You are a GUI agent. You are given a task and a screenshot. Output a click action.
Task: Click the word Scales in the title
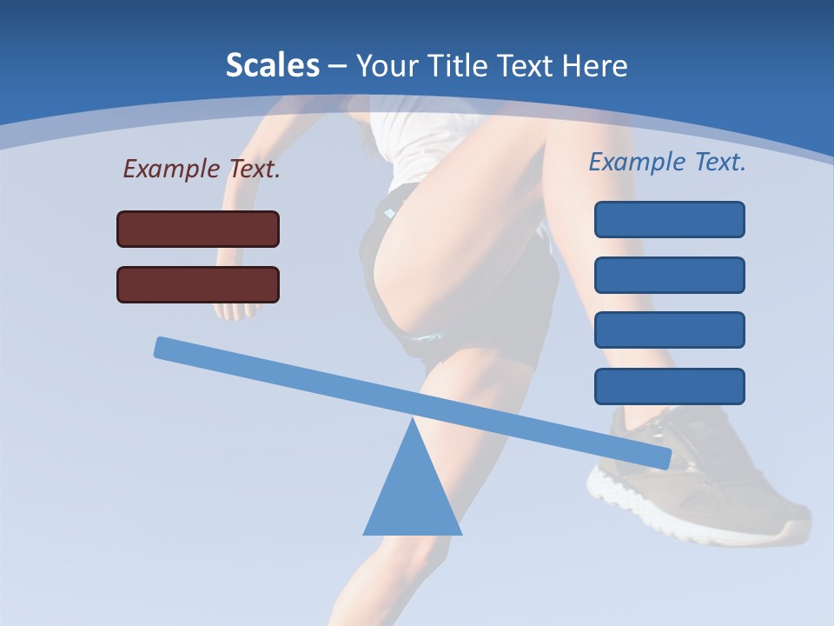coord(272,65)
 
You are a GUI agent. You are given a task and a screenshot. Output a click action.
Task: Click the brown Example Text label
coord(202,169)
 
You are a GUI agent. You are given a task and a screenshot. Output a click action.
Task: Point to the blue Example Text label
coord(667,162)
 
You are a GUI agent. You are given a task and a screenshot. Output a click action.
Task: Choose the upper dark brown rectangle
coord(198,229)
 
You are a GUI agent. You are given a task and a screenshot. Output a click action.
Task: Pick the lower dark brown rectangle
coord(198,284)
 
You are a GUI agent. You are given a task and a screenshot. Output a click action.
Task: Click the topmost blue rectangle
coord(669,219)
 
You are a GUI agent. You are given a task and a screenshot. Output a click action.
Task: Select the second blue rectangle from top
coord(669,275)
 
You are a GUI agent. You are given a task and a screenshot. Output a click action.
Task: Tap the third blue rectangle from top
coord(669,330)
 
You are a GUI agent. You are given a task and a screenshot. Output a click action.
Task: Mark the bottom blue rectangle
coord(669,386)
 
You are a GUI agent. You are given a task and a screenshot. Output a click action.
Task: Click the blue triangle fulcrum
coord(413,496)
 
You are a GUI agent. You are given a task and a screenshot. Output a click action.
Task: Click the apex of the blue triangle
coord(414,422)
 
